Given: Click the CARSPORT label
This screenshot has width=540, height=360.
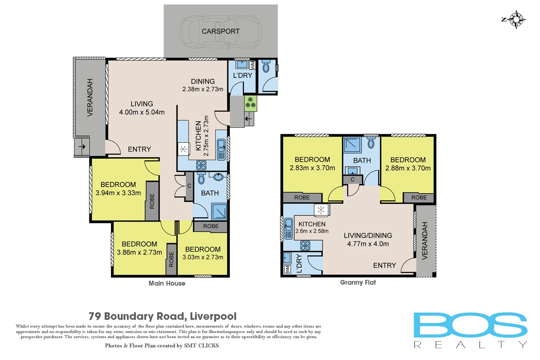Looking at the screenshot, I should [x=220, y=31].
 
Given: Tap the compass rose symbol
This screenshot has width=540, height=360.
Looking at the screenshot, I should [x=516, y=19].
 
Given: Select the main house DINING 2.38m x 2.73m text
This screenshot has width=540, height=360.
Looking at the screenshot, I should [x=203, y=85].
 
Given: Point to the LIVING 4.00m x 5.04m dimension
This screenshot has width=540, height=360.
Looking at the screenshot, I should [x=142, y=112].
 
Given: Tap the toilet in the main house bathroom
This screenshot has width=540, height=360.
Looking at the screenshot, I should [x=201, y=178].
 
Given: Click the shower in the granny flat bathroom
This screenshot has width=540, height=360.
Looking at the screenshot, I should [x=352, y=145].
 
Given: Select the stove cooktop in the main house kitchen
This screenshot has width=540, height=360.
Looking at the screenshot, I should [x=201, y=165].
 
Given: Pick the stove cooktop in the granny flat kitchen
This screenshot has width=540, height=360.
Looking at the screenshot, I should [x=305, y=246].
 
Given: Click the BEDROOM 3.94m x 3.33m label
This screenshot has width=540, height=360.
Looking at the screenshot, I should [x=118, y=189].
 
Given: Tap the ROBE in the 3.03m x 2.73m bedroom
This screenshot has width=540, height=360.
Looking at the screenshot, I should [x=211, y=226].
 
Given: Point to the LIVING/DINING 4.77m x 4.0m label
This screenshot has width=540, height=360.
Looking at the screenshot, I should [x=368, y=240].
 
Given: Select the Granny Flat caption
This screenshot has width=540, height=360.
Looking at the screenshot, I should [x=358, y=283].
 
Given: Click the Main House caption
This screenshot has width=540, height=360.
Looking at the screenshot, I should [x=167, y=283].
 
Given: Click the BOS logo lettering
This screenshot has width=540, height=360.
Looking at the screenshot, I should [x=470, y=325].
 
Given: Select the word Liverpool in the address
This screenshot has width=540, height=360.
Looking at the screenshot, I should [x=213, y=316].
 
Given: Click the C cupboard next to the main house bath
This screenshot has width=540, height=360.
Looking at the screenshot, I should [x=189, y=186].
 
